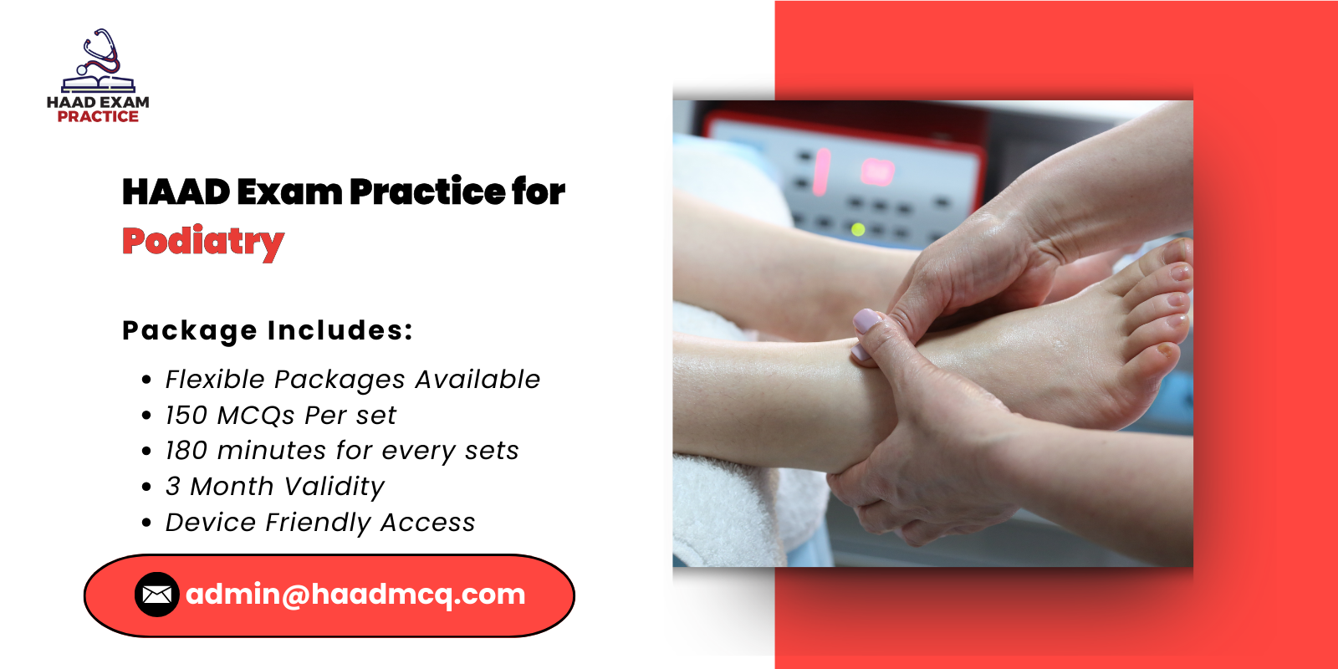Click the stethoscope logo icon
pos(99,60)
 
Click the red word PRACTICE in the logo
pos(98,117)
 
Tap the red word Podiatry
pos(203,242)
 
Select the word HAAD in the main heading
pos(176,192)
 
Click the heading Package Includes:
pos(268,330)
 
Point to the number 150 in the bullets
pos(186,416)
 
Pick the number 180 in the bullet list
pos(186,451)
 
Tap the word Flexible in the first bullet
pos(215,380)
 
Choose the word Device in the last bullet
pos(211,523)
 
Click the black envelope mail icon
pos(156,595)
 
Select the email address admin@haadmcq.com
pos(355,595)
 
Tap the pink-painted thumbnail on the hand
pos(866,320)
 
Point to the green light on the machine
pos(857,229)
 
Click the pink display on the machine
pos(877,171)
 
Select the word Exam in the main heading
pos(289,192)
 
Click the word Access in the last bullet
pos(427,523)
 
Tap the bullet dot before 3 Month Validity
pos(147,487)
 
